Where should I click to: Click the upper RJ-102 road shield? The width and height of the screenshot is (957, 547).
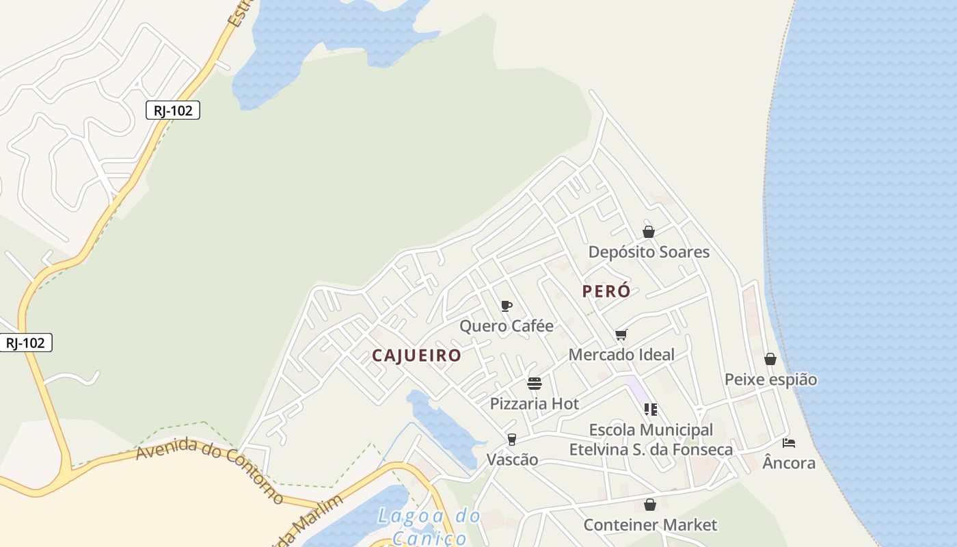173,110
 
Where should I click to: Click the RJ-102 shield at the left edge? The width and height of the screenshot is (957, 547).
26,343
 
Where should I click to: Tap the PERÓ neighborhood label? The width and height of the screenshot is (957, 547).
606,291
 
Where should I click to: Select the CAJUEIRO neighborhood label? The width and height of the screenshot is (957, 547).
416,356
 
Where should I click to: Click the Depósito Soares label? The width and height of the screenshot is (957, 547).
649,252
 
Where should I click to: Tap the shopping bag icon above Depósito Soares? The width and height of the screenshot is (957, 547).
649,232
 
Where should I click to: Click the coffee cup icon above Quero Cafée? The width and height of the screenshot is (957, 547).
507,306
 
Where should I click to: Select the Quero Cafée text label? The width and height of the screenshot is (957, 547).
507,325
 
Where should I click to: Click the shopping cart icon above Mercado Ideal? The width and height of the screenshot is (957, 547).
621,334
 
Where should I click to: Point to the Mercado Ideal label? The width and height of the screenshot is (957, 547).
621,354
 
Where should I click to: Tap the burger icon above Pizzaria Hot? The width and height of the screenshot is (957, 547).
535,384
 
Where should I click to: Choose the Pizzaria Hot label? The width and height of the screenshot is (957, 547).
535,403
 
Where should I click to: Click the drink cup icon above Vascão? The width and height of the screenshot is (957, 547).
512,440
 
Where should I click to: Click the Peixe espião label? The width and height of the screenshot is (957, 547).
770,379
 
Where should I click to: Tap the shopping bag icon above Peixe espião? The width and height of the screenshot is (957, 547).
770,359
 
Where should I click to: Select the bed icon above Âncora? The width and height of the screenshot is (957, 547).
789,443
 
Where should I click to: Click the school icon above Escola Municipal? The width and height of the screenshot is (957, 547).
651,410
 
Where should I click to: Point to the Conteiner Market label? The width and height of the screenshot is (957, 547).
650,524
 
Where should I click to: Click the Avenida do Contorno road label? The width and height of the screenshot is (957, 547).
209,470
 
